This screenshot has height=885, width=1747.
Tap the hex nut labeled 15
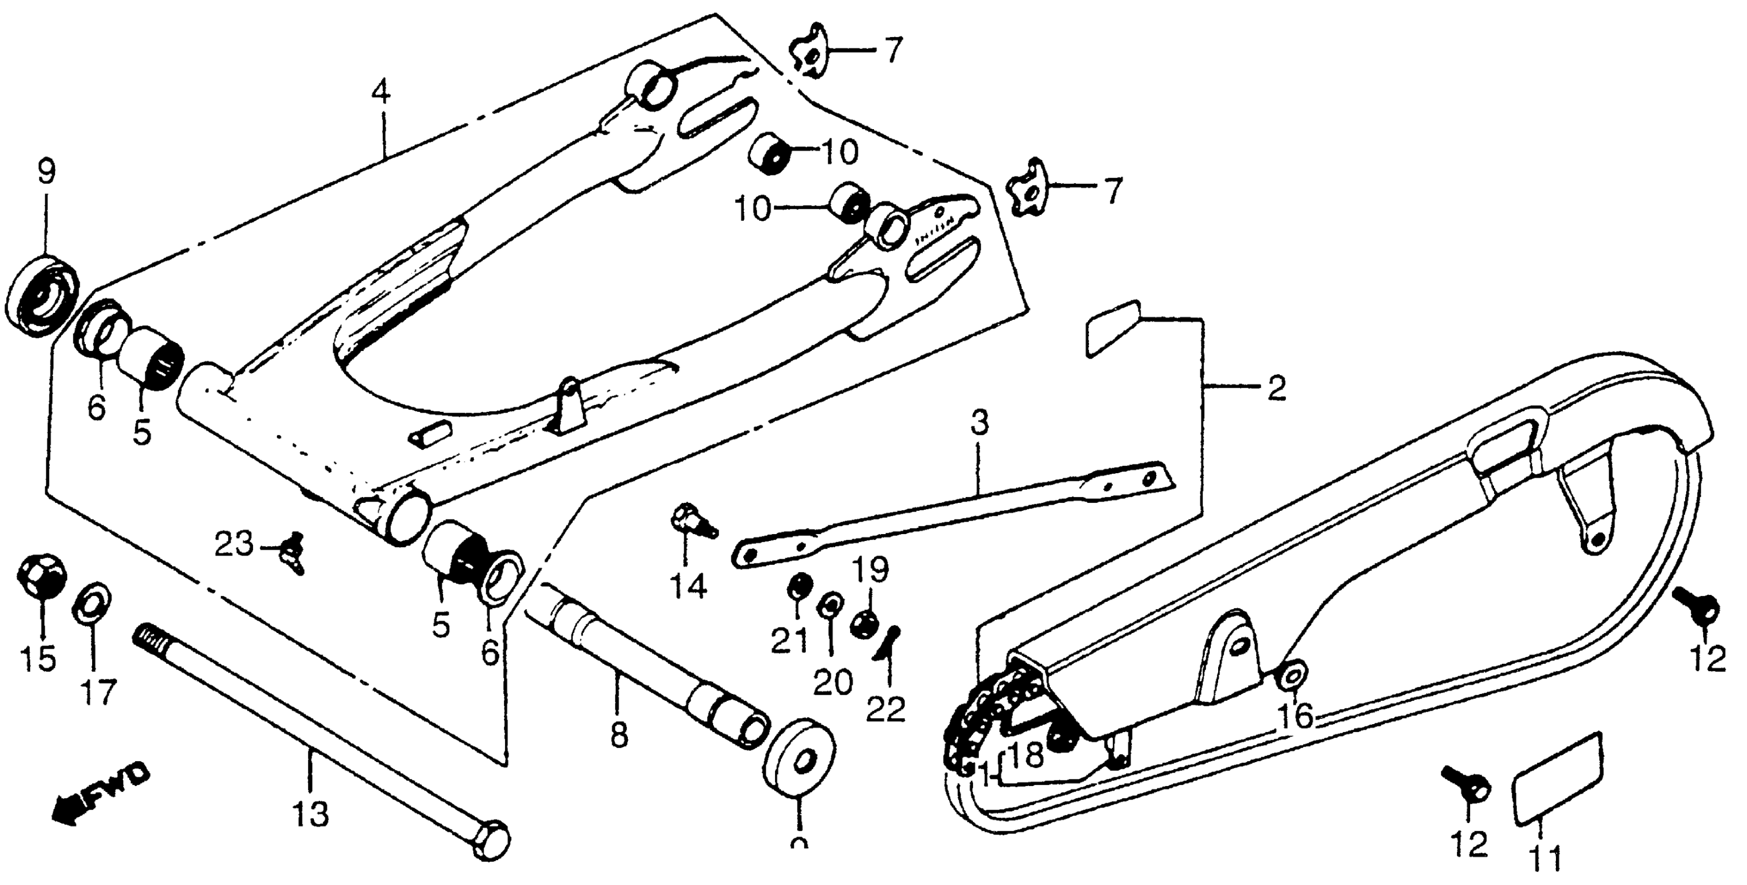click(41, 576)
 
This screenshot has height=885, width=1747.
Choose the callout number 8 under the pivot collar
click(618, 734)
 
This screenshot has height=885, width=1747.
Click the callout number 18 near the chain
click(1027, 755)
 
